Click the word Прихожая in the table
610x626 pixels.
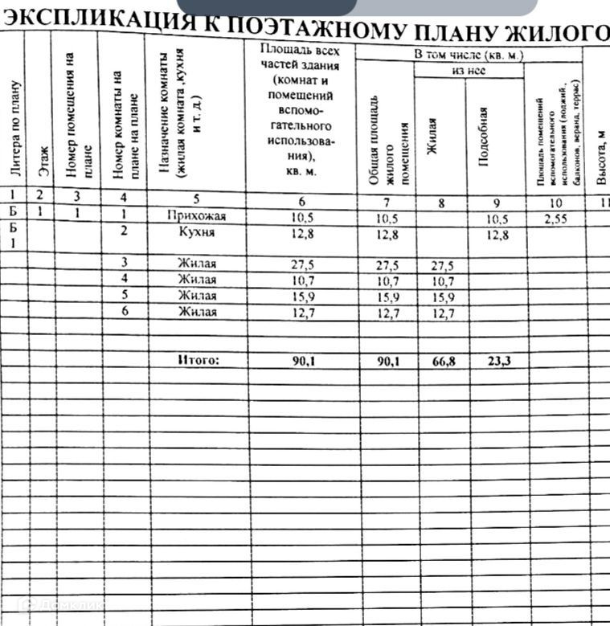tap(197, 216)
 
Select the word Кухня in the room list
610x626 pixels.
tap(196, 231)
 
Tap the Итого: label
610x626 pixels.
tap(198, 361)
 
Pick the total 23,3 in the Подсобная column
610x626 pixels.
tap(497, 362)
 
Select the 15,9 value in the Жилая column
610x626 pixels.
tap(441, 297)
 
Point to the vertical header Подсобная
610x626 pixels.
tap(484, 137)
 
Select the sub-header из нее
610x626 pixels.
tap(469, 71)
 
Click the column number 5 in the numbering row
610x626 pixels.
tap(196, 198)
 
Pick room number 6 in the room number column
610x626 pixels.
tap(124, 311)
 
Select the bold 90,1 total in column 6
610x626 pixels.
tap(302, 361)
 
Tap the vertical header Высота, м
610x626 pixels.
tap(601, 161)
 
